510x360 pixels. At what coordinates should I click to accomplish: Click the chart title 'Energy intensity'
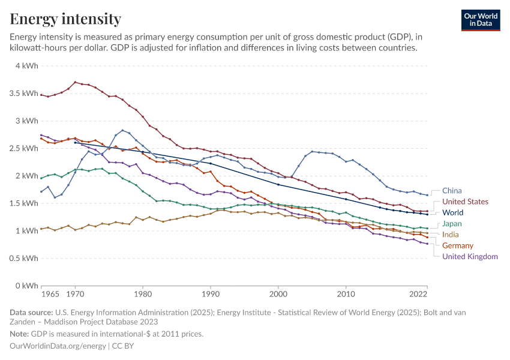[65, 19]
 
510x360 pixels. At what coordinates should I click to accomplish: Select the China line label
[452, 191]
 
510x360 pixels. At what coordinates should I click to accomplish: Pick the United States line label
[465, 202]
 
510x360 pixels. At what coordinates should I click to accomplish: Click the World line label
[454, 212]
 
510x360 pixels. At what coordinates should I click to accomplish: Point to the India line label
[451, 234]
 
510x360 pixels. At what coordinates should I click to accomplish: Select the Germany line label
[458, 245]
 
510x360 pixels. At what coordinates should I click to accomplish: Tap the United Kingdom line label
[470, 256]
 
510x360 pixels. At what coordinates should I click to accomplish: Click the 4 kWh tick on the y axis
[26, 66]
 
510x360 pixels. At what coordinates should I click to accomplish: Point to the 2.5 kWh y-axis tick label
[23, 148]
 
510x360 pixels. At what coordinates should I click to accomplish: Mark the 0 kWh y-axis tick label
[26, 286]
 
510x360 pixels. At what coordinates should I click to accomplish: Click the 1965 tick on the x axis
[50, 295]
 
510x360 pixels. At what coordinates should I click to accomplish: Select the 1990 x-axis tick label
[210, 295]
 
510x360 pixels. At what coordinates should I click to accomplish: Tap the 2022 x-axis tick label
[418, 295]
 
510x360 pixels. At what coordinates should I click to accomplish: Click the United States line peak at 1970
[75, 82]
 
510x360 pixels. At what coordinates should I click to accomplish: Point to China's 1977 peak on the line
[122, 130]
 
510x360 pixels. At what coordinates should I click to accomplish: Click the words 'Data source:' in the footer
[31, 312]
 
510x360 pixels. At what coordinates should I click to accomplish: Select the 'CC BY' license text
[123, 346]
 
